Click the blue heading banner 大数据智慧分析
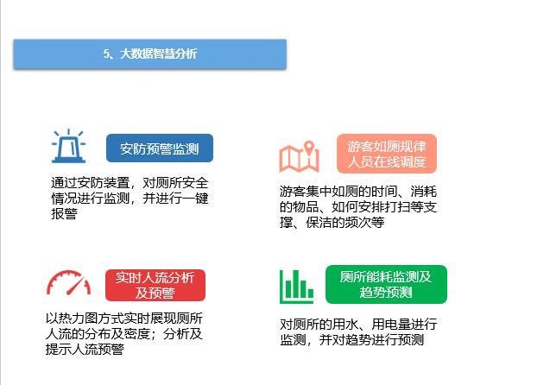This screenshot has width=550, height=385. (150, 54)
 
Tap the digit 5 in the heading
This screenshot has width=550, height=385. (106, 54)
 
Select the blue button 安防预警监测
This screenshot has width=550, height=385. (160, 148)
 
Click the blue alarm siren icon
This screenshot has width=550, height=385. (69, 146)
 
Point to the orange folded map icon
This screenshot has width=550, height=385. (300, 157)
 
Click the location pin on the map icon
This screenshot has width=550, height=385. (309, 148)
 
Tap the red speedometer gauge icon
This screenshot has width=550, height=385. (68, 282)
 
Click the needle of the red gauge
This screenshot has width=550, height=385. (76, 286)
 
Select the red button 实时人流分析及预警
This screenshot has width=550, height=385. (155, 285)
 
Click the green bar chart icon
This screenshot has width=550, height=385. (296, 287)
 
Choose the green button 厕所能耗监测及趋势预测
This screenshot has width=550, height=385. (386, 284)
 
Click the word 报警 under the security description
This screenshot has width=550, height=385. (64, 213)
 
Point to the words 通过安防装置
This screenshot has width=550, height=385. (90, 183)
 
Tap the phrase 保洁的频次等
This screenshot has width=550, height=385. (345, 223)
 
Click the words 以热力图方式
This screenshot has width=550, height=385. (85, 319)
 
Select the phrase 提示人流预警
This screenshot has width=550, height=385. (85, 349)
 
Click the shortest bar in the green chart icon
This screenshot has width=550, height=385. (311, 293)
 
